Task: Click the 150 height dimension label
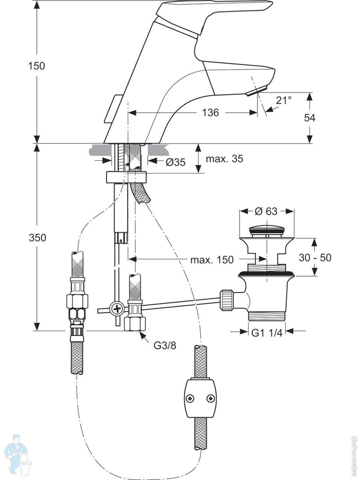coord(36,66)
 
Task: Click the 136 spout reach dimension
coord(210,113)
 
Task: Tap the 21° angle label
coord(284,100)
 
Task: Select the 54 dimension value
coord(310,118)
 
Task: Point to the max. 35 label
coord(224,159)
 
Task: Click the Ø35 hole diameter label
coord(175,162)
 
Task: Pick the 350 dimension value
coord(37,238)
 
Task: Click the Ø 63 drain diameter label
coord(266,211)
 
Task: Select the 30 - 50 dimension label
coord(315,258)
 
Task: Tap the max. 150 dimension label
coord(212,260)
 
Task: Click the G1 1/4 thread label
coord(267,332)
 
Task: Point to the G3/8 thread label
coord(165,345)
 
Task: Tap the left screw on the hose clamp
coord(190,398)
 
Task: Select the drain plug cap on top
coord(266,230)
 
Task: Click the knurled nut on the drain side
coord(226,300)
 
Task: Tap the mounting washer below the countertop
coord(126,177)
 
